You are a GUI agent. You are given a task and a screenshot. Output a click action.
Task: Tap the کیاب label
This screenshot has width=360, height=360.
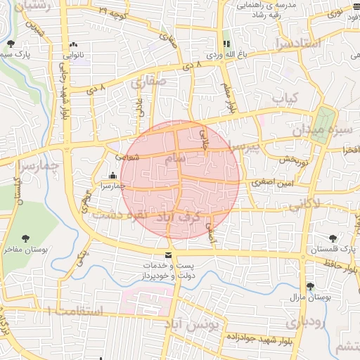(x=286, y=98)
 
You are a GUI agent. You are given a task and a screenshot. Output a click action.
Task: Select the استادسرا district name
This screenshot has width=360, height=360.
(x=299, y=44)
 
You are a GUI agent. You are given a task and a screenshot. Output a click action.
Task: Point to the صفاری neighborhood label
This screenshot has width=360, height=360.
(x=148, y=82)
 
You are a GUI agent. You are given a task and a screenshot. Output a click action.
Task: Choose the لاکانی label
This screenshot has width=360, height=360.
(x=304, y=205)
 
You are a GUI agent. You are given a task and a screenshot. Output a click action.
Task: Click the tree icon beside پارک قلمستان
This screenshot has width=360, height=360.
(x=334, y=239)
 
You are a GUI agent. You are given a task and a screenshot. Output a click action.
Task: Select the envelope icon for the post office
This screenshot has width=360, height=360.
(x=167, y=255)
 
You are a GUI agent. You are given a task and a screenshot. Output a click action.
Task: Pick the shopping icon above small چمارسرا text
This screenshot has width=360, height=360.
(x=112, y=176)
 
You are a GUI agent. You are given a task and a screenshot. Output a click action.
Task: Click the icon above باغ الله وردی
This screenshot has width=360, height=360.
(x=226, y=44)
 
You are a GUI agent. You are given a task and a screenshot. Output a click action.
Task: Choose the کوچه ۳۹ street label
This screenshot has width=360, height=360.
(x=112, y=12)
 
